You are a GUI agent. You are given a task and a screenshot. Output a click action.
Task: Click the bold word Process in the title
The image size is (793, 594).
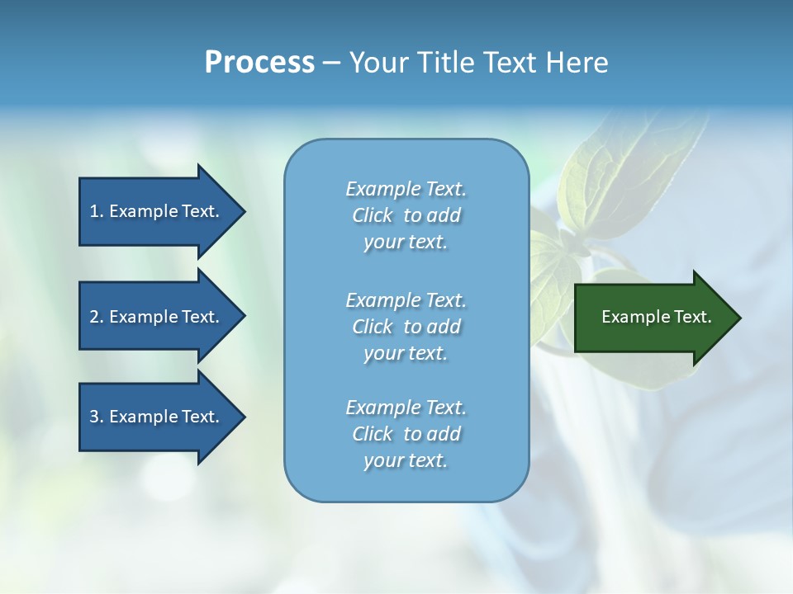[259, 62]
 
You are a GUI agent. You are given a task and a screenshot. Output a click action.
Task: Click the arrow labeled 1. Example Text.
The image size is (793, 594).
[157, 212]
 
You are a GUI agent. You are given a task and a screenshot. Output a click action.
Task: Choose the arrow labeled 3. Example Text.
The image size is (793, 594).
[157, 417]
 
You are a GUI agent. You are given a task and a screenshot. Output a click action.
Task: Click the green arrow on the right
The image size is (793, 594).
[653, 318]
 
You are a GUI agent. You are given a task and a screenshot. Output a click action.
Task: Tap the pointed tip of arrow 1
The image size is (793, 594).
[243, 212]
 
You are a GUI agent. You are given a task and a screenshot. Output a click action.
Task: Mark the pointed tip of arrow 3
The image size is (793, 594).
[243, 417]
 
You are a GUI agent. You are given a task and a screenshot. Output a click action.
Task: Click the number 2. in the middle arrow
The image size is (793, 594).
[97, 317]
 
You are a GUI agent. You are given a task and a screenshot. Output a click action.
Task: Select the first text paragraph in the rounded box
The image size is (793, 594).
[406, 215]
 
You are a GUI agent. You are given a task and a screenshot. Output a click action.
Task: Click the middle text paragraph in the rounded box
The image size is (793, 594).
[406, 327]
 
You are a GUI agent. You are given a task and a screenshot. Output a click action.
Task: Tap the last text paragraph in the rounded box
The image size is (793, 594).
[406, 434]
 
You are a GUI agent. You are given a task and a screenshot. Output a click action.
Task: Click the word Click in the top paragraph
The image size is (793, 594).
[373, 215]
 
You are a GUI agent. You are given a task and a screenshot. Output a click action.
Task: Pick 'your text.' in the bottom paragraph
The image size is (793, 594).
[405, 460]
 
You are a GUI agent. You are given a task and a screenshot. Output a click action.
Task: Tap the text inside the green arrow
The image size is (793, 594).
[657, 317]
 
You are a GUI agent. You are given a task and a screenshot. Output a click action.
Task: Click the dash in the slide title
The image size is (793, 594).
[331, 63]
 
